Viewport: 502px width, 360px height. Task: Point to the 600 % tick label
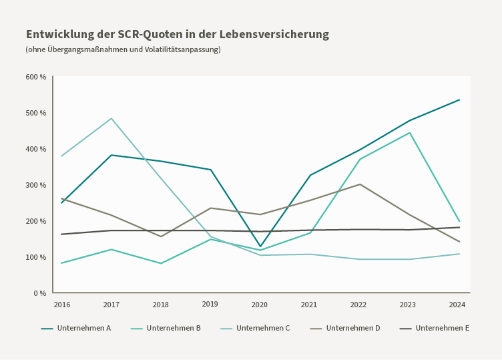[36, 77]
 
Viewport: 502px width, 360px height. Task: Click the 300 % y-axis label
[36, 185]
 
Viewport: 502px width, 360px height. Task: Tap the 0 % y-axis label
[39, 293]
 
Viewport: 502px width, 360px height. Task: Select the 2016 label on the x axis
[61, 305]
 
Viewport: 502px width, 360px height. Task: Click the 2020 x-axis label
[260, 305]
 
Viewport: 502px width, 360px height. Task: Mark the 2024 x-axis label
[457, 305]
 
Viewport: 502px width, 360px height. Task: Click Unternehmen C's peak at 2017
[111, 119]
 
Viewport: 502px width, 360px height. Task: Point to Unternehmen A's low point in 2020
[260, 247]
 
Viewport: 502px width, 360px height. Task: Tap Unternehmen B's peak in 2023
[410, 133]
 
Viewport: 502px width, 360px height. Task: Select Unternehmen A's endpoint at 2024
[459, 100]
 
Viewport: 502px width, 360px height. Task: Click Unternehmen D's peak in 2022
[360, 184]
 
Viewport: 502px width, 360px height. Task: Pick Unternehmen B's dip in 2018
[161, 263]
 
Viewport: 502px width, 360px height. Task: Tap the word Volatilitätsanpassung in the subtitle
[182, 49]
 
